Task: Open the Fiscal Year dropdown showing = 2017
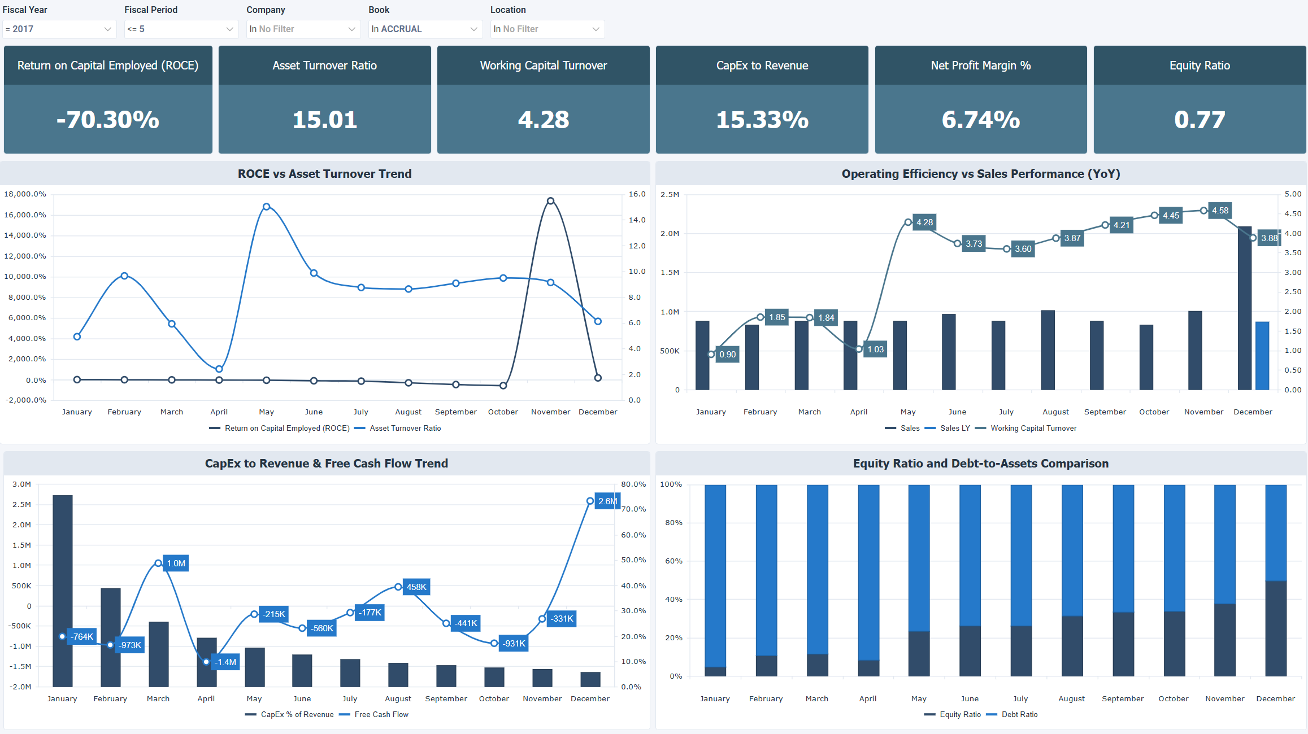(59, 29)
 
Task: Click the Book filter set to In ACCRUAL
(424, 29)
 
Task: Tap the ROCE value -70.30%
(108, 120)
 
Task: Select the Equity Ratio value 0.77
(1199, 120)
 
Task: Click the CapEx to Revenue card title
(762, 65)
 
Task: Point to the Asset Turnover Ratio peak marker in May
(267, 207)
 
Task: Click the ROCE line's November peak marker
(550, 201)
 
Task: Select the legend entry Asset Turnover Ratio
(405, 429)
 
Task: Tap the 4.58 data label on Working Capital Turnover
(1220, 211)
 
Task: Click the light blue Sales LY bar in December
(1262, 356)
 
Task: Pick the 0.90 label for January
(727, 355)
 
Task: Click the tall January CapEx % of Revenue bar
(63, 590)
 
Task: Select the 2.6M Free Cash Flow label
(607, 501)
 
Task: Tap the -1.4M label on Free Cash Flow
(225, 662)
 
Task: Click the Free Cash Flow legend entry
(381, 715)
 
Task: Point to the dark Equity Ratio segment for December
(1275, 628)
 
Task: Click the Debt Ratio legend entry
(1019, 715)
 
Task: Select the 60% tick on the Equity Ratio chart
(673, 561)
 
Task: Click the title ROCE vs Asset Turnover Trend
(324, 174)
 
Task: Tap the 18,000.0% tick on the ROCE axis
(25, 194)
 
